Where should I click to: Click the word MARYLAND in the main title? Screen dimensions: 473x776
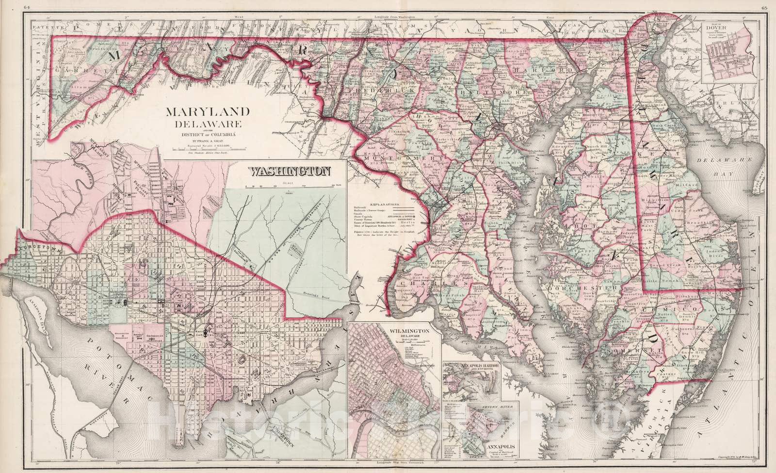[209, 112]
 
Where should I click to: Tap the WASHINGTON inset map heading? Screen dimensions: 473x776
[290, 171]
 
